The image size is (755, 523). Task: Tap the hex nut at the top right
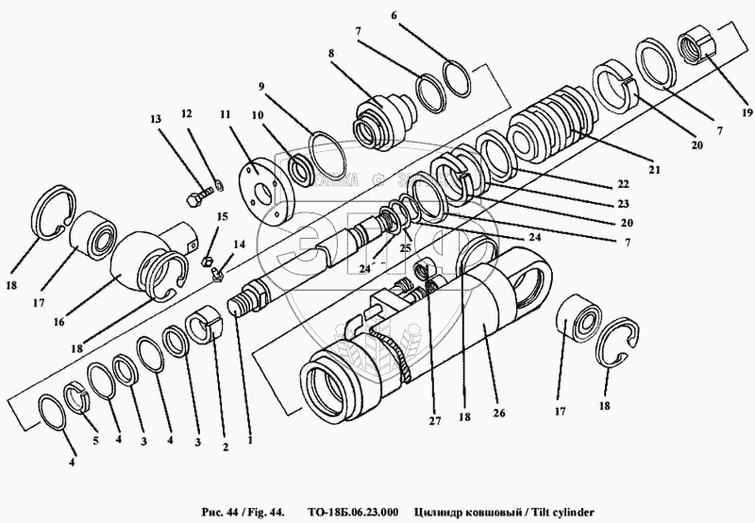point(699,46)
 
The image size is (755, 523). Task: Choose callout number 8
point(331,55)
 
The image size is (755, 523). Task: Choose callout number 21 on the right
point(652,171)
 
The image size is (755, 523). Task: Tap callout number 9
point(260,86)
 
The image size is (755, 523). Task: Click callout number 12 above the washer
point(186,113)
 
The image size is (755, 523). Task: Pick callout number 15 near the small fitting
point(223,217)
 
